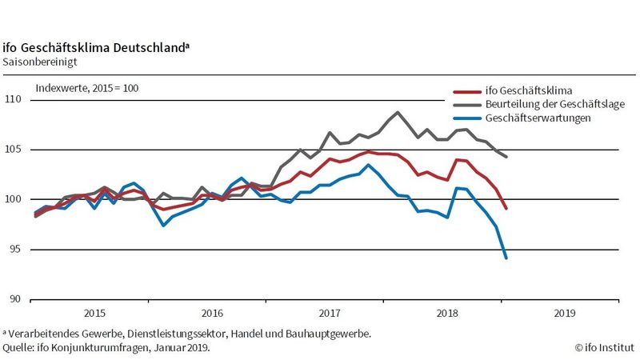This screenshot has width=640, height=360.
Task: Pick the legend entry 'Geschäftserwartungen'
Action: [538, 118]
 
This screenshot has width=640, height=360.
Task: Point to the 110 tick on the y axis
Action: [14, 100]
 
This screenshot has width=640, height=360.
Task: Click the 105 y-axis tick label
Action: [14, 150]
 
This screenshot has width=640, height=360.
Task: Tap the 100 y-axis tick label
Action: [14, 199]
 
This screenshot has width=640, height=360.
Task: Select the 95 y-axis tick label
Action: [16, 250]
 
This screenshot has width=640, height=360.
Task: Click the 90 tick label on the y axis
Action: [16, 299]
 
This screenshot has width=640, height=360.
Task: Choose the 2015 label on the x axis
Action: [94, 314]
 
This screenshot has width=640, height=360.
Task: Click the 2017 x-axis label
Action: [330, 314]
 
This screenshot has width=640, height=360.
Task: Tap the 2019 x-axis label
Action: [565, 314]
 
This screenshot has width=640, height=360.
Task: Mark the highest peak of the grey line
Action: [398, 112]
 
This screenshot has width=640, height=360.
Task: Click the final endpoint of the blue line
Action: [506, 258]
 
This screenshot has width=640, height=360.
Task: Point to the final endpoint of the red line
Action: [506, 208]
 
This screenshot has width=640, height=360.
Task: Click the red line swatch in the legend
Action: [466, 90]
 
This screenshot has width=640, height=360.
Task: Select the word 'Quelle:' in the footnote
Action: [18, 347]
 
